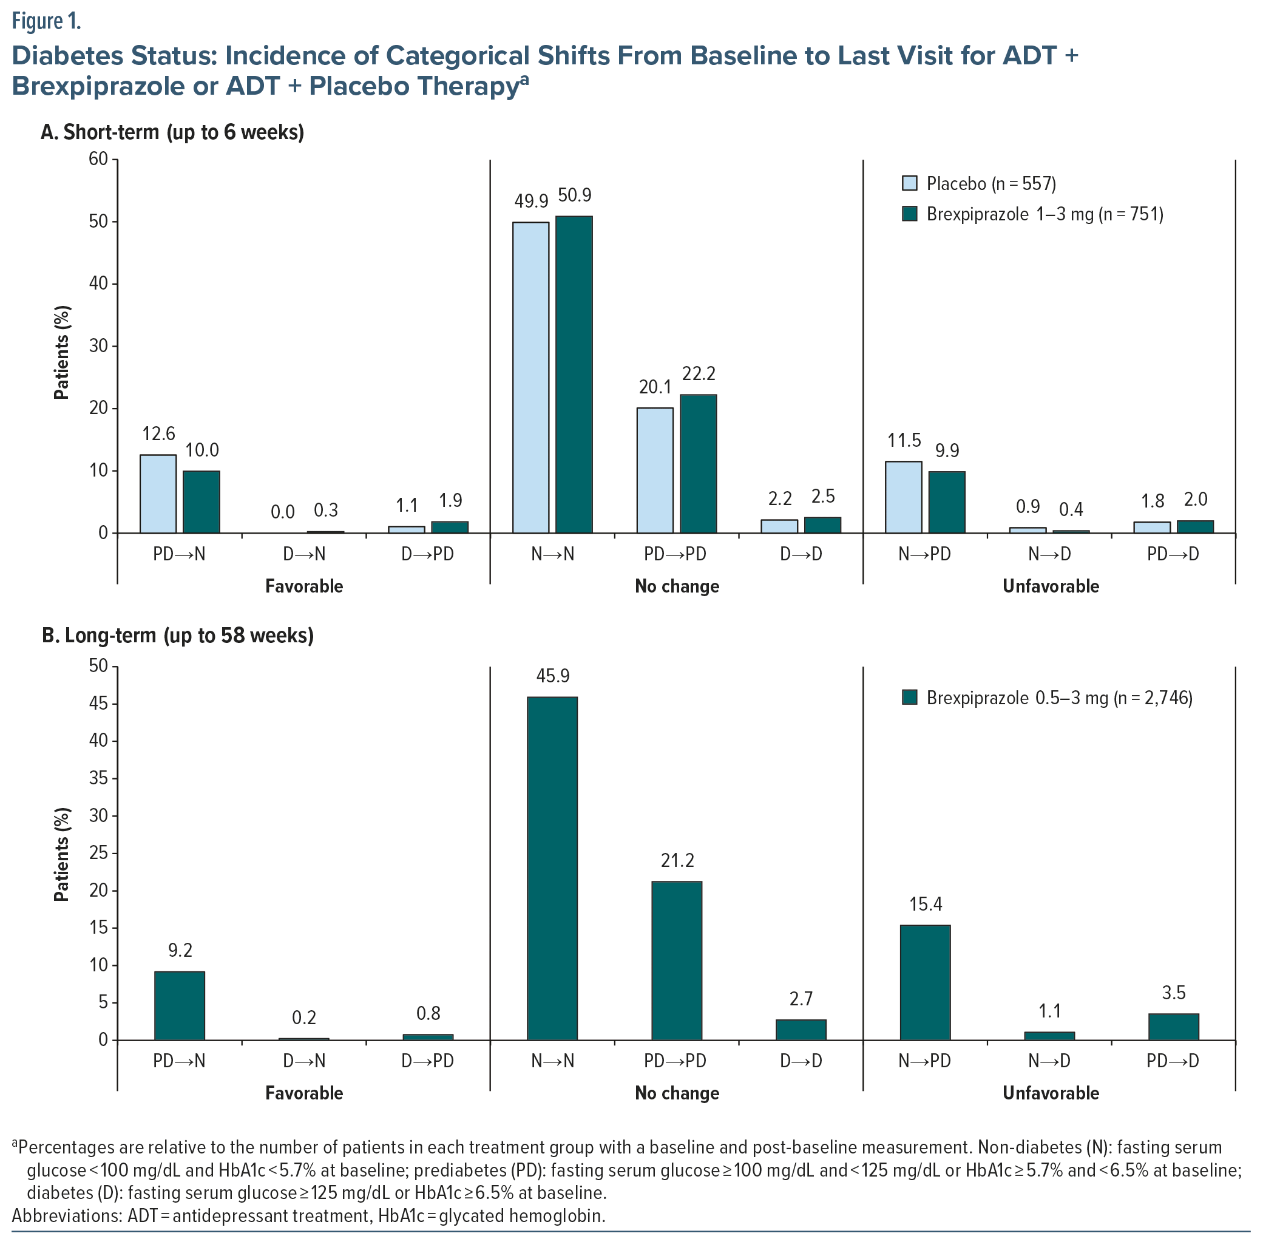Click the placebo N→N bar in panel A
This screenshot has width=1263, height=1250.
530,377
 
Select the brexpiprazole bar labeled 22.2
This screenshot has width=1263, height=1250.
697,464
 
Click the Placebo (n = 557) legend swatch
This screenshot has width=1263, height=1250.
909,183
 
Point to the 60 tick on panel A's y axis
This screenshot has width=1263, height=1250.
99,159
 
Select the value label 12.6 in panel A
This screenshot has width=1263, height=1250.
159,433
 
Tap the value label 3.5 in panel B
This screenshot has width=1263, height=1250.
1173,993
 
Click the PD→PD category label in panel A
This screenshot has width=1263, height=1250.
676,554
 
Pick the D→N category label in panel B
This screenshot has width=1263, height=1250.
304,1061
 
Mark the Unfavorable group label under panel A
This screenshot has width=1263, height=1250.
1051,586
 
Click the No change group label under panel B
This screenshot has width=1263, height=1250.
677,1093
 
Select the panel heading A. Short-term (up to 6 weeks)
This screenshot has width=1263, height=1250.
172,132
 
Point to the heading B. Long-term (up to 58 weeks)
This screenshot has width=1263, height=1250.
178,636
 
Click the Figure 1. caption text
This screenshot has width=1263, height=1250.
46,22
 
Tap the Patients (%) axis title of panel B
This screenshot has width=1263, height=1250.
61,854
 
